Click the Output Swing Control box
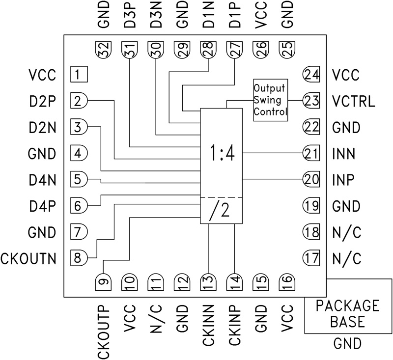pyautogui.click(x=270, y=100)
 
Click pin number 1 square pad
pyautogui.click(x=78, y=75)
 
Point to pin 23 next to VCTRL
pyautogui.click(x=311, y=101)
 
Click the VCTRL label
pyautogui.click(x=353, y=101)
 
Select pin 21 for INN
pyautogui.click(x=311, y=153)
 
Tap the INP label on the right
pyautogui.click(x=346, y=179)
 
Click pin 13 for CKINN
pyautogui.click(x=208, y=280)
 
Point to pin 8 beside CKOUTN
pyautogui.click(x=79, y=256)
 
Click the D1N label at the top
pyautogui.click(x=208, y=17)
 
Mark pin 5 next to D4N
pyautogui.click(x=79, y=179)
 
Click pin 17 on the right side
pyautogui.click(x=311, y=257)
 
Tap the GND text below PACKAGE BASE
pyautogui.click(x=347, y=343)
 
